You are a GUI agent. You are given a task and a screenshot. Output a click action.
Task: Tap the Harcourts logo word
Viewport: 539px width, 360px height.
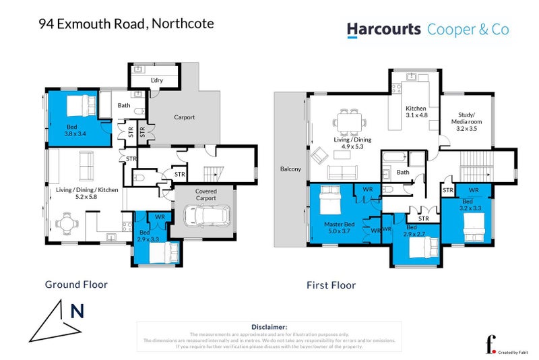pyautogui.click(x=384, y=29)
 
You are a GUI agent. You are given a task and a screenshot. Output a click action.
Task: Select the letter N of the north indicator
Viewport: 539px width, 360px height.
pyautogui.click(x=77, y=311)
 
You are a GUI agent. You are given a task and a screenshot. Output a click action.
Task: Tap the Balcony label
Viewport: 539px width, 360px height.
pyautogui.click(x=291, y=169)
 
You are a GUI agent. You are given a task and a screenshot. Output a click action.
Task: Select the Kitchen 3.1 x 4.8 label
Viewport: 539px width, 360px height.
pyautogui.click(x=416, y=112)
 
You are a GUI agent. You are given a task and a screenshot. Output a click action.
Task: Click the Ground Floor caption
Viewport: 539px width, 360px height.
pyautogui.click(x=76, y=284)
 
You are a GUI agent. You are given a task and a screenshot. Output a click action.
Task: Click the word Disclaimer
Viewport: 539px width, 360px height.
pyautogui.click(x=269, y=326)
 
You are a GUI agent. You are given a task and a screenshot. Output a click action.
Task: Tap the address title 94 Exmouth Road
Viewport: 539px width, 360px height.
pyautogui.click(x=126, y=24)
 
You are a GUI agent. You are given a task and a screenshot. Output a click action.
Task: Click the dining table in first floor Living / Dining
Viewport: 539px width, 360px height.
pyautogui.click(x=349, y=122)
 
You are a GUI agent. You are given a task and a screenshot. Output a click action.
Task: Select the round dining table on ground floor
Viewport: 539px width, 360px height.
pyautogui.click(x=66, y=222)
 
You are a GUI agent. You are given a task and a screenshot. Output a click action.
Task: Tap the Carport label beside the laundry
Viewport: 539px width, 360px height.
pyautogui.click(x=184, y=117)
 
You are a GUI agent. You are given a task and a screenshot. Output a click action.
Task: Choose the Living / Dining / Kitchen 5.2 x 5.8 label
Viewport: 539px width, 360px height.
pyautogui.click(x=87, y=194)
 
